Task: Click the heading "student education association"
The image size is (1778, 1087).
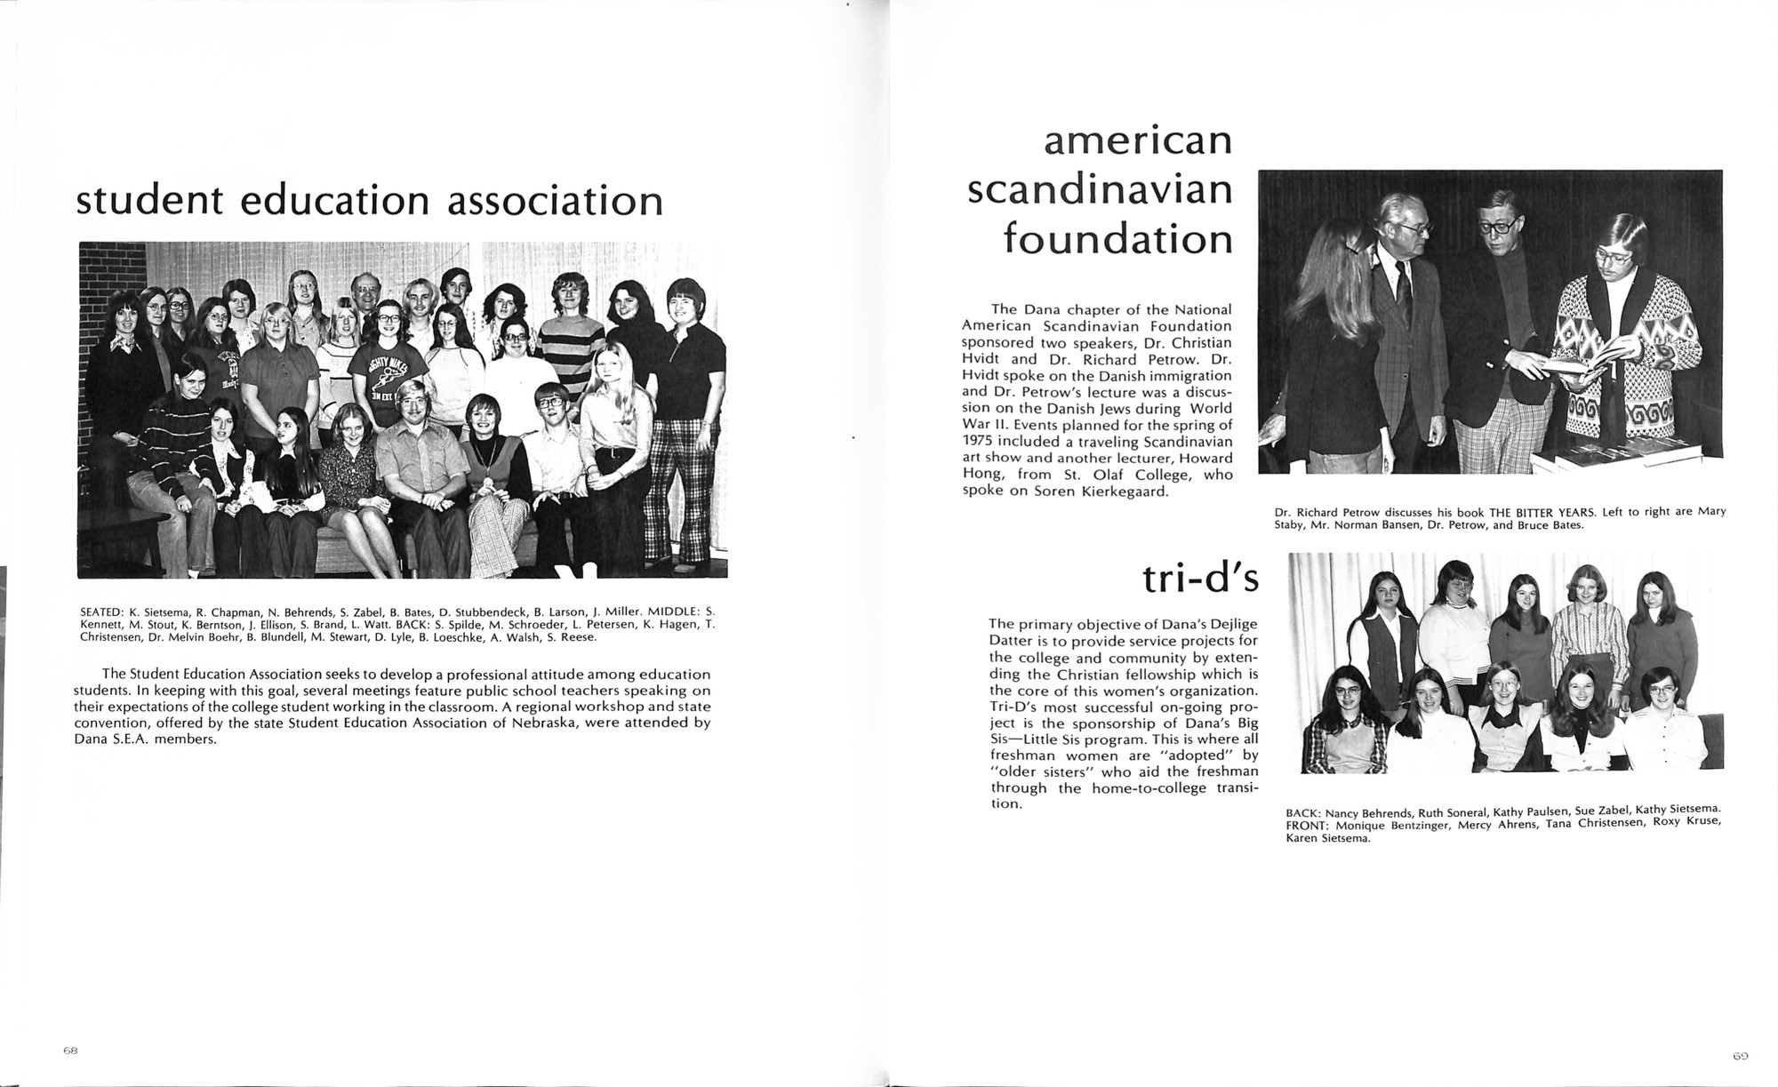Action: tap(370, 200)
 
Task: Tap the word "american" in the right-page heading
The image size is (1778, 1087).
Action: tap(1137, 141)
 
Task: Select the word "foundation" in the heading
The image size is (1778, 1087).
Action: tap(1117, 239)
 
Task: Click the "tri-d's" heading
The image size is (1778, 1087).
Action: tap(1200, 579)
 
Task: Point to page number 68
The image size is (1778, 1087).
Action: tap(71, 1050)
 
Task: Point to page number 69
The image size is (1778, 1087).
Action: tap(1740, 1056)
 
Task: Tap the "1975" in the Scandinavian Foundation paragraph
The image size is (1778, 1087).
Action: tap(978, 442)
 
